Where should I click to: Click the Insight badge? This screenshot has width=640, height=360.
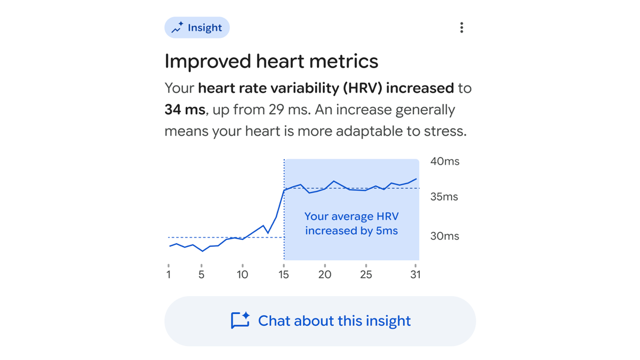click(x=197, y=28)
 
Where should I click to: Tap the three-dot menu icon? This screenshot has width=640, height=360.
click(x=461, y=28)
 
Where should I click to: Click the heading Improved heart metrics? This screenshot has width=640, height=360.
click(x=271, y=61)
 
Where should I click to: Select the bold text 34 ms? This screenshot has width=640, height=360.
click(x=185, y=110)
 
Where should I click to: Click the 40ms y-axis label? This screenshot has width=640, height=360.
click(x=444, y=162)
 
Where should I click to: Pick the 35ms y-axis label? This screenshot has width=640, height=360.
click(x=444, y=197)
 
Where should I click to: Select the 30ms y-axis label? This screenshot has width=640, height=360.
click(x=444, y=236)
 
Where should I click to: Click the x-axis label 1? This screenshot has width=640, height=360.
click(x=169, y=275)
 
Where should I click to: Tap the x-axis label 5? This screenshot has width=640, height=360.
click(x=202, y=275)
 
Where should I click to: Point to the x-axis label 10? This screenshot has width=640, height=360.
click(x=242, y=275)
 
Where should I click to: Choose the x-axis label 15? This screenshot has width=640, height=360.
click(x=284, y=275)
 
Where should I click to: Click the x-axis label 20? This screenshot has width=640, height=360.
click(x=325, y=275)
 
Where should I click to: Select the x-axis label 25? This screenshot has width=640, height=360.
click(x=366, y=275)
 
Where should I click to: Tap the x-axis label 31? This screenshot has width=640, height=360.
click(x=415, y=275)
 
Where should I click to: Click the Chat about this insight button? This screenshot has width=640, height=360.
click(x=320, y=321)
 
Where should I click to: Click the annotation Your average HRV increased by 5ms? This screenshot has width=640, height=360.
click(x=351, y=224)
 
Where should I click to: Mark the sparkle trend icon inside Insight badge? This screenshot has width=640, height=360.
click(x=177, y=28)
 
